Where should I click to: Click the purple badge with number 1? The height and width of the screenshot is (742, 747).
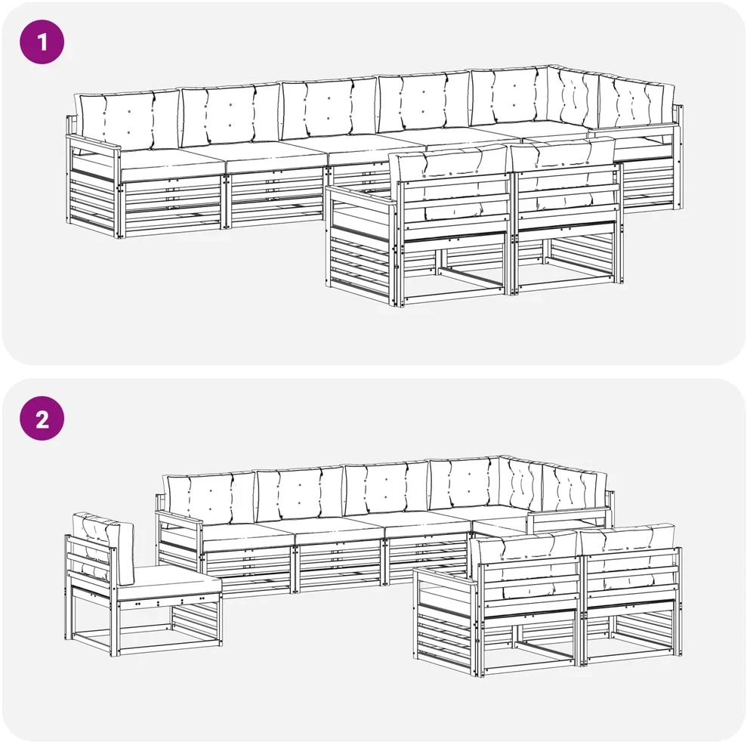[42, 42]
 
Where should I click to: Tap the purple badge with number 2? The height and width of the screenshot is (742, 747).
[42, 419]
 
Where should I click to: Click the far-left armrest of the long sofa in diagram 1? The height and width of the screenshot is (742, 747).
[94, 143]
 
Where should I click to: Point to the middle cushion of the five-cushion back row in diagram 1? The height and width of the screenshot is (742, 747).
[329, 108]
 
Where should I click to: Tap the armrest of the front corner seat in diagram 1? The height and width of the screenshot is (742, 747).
[362, 196]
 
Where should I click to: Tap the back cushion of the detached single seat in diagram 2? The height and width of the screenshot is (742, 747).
[103, 547]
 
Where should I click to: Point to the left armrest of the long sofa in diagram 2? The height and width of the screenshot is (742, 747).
[180, 520]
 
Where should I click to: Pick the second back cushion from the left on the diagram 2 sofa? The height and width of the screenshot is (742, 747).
[300, 493]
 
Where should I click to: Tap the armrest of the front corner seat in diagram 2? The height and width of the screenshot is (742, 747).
[446, 577]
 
